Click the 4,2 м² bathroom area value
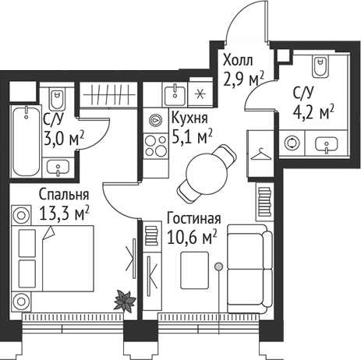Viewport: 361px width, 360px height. tap(313, 109)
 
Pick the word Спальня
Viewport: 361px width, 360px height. tap(62, 194)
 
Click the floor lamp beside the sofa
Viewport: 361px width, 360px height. tap(221, 267)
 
